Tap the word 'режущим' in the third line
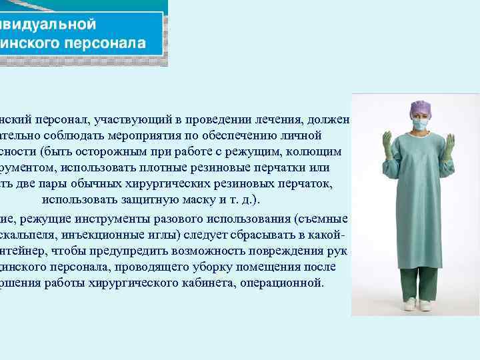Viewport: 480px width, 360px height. point(255,152)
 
